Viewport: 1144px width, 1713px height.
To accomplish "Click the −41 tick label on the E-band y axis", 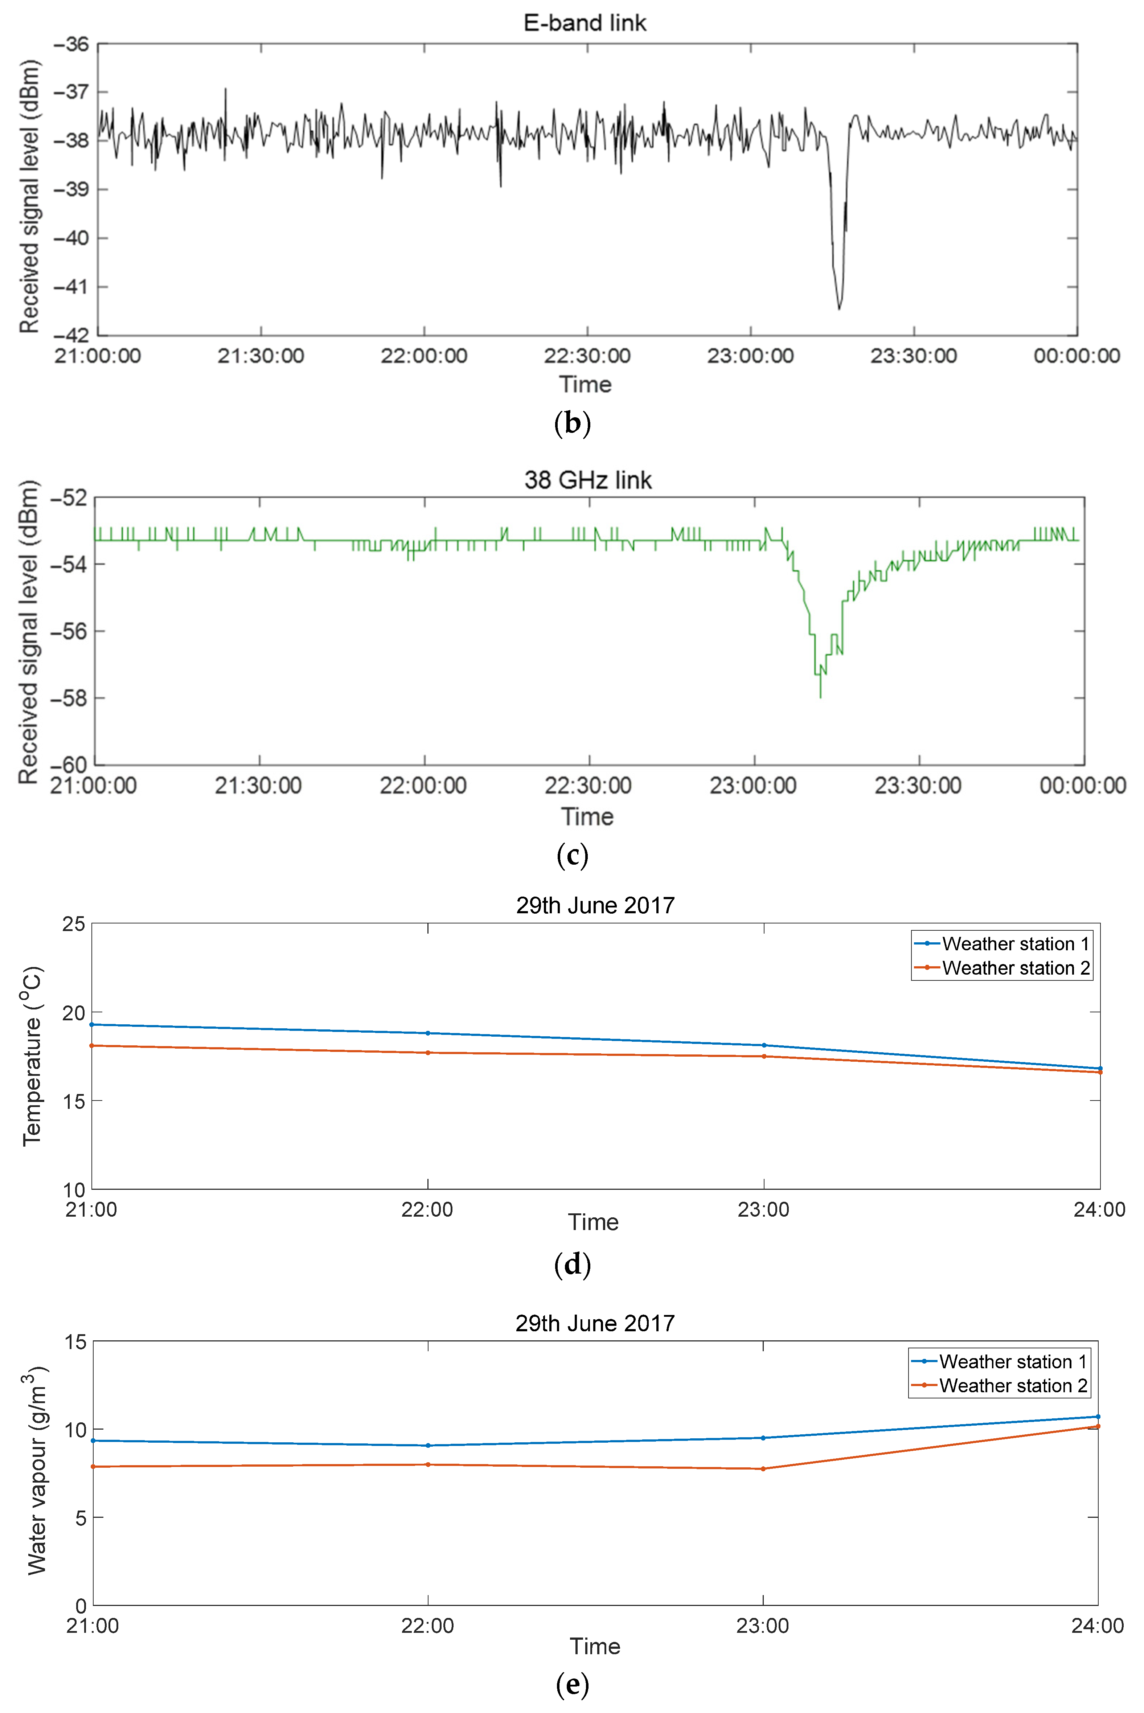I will [71, 287].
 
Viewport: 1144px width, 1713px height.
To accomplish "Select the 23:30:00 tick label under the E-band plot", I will [914, 356].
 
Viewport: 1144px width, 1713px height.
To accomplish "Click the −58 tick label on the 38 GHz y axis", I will [68, 698].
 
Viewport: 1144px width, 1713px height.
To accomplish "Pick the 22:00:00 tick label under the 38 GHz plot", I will [423, 786].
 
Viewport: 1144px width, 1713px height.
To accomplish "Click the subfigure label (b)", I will [572, 423].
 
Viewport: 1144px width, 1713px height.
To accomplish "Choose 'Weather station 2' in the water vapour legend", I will [1013, 1385].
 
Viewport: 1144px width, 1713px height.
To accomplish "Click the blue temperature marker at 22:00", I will [427, 1033].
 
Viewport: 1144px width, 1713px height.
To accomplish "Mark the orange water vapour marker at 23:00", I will [763, 1468].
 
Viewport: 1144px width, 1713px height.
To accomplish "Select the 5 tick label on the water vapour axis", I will [80, 1517].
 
